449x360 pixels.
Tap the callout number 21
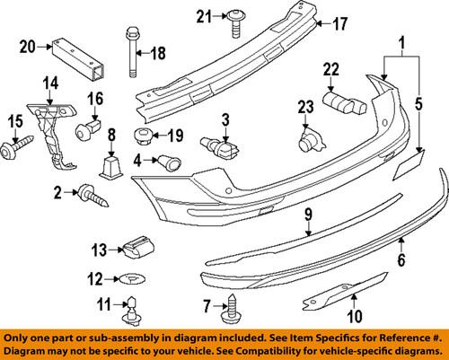pos(203,15)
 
